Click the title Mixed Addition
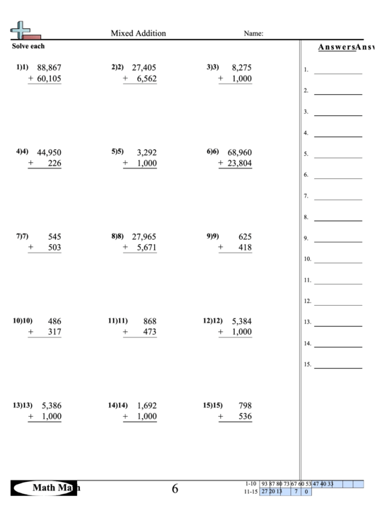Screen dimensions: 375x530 (139, 33)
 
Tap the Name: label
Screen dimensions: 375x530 (253, 33)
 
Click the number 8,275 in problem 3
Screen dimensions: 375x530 (241, 68)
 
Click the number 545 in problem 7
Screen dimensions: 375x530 (54, 236)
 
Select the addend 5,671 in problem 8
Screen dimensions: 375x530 (144, 248)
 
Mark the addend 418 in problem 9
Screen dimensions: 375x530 (245, 248)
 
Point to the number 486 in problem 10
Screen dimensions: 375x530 (54, 321)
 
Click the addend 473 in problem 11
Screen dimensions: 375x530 (149, 332)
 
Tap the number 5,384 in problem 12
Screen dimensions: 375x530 (241, 321)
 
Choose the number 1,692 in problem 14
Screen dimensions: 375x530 (144, 405)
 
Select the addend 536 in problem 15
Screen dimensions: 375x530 (245, 417)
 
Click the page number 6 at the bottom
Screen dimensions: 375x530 (175, 488)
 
